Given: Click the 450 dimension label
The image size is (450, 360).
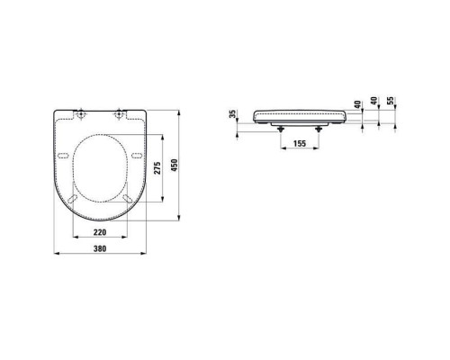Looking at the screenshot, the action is (175, 166).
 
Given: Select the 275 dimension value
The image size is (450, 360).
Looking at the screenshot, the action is (157, 168).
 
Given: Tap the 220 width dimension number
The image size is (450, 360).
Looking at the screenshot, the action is (100, 232).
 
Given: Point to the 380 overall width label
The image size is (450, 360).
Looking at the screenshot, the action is (100, 248).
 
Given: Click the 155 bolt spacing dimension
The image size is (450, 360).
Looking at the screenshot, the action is (300, 143).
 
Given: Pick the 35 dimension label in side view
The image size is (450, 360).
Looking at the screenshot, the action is (233, 114).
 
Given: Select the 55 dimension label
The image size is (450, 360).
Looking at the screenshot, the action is (391, 101).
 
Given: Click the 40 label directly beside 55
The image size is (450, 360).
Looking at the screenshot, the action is (374, 101).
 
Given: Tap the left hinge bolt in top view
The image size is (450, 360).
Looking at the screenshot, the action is (81, 114).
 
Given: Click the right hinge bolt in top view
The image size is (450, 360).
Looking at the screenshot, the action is (120, 114).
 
